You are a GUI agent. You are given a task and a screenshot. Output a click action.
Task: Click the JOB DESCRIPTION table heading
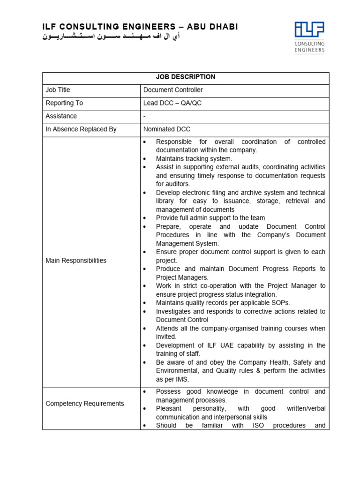[x=186, y=77]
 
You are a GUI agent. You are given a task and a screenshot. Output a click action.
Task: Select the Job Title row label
[x=58, y=90]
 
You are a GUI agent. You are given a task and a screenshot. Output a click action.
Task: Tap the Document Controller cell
[x=173, y=90]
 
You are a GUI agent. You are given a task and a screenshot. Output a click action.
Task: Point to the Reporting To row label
[x=64, y=103]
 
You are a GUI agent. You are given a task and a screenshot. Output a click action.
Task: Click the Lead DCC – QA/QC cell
[x=172, y=103]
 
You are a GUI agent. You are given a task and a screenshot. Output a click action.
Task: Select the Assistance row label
[x=61, y=116]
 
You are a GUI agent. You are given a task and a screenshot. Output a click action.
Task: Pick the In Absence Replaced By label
[x=81, y=129]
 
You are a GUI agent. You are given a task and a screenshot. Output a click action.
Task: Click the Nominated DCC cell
[x=167, y=129]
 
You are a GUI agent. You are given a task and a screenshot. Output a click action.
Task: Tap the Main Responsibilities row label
[x=76, y=261]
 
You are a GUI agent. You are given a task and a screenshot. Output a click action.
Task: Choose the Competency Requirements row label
[x=85, y=404]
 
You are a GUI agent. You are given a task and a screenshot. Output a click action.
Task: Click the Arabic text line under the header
[x=111, y=37]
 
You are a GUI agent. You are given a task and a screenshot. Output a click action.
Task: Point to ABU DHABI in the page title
[x=214, y=27]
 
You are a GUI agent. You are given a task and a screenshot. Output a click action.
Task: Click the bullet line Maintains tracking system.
[x=194, y=159]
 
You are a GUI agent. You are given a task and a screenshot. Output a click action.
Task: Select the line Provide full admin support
[x=210, y=218]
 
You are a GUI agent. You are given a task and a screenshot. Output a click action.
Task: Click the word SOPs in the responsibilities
[x=280, y=303]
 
